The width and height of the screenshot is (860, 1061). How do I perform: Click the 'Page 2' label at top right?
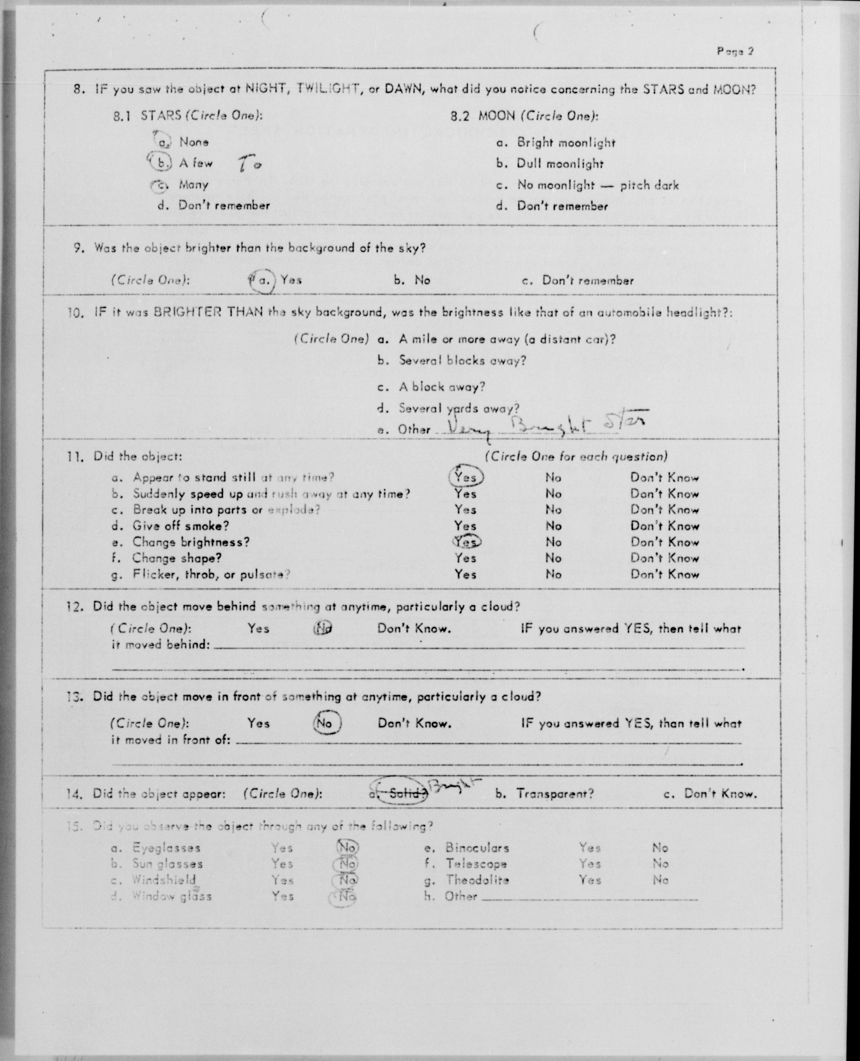coord(735,51)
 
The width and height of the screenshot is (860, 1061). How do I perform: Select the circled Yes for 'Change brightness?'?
coord(466,542)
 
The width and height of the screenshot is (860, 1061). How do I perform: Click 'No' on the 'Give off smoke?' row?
coord(553,526)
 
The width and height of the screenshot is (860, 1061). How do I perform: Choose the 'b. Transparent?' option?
coord(545,794)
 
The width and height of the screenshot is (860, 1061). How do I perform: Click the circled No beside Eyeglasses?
coord(347,848)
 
